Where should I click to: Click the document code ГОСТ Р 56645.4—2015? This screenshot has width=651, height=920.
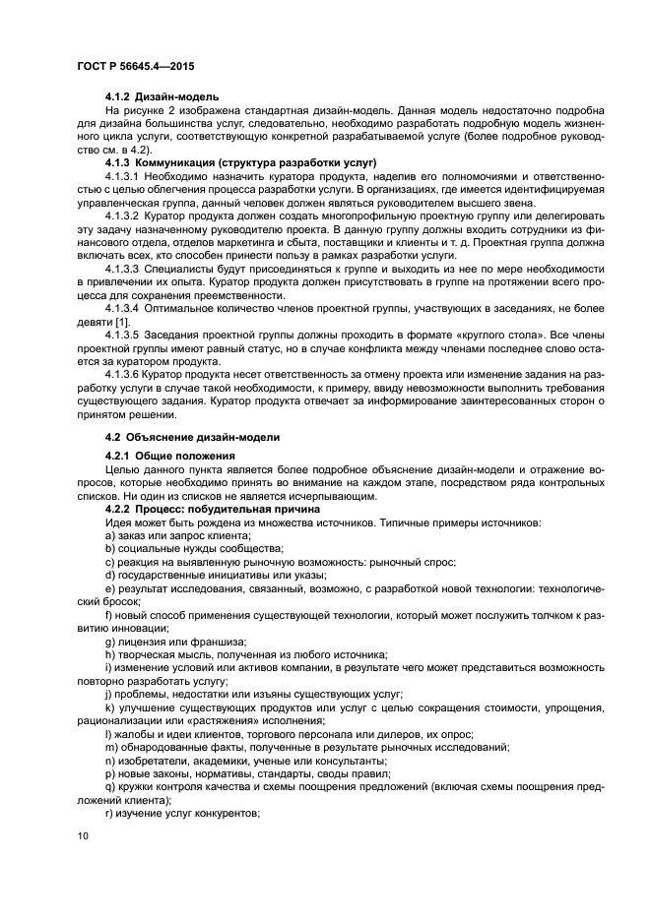tap(135, 66)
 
